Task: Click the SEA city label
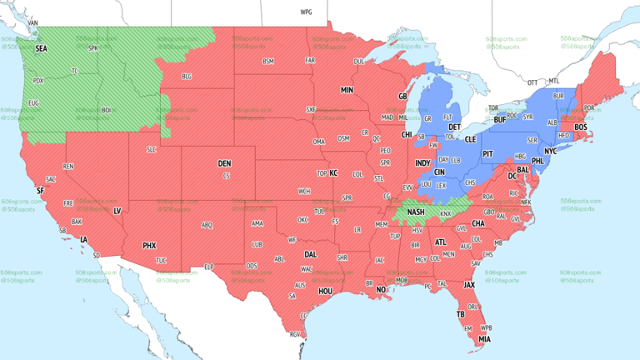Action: [41, 49]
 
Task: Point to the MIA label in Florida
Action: [483, 338]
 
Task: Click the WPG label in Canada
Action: [306, 12]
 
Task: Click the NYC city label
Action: [550, 152]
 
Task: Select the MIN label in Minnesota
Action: [347, 89]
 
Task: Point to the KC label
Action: [333, 172]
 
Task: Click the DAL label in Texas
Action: [311, 254]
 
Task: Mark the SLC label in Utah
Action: [151, 149]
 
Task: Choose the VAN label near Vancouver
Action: [34, 22]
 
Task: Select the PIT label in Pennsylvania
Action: [488, 154]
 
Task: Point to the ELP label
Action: [209, 267]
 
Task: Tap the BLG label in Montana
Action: [187, 77]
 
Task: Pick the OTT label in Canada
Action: [532, 82]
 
